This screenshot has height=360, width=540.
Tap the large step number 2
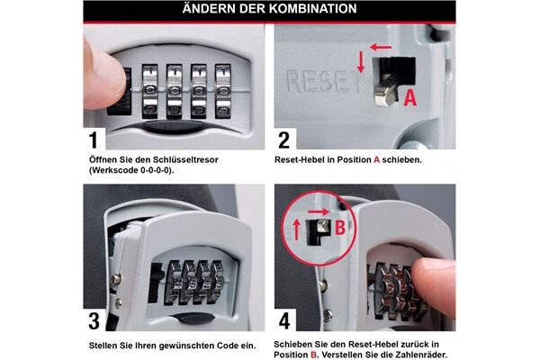tap(283, 139)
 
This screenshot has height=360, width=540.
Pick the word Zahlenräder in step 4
tap(422, 355)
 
